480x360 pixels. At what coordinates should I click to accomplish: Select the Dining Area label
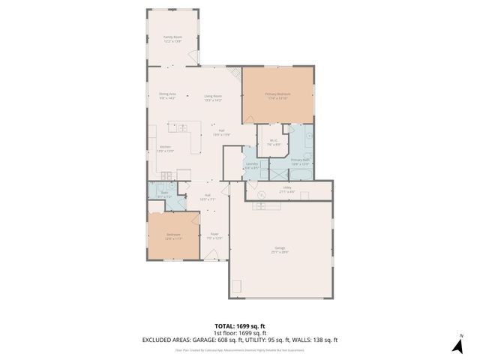167,95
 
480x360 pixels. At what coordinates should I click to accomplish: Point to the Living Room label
213,97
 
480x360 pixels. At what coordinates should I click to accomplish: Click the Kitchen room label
165,148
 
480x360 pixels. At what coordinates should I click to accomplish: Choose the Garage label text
279,250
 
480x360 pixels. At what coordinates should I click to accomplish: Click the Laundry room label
252,165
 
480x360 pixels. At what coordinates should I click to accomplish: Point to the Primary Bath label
300,161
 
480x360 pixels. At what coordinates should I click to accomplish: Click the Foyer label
214,235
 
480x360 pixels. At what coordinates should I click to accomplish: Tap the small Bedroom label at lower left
173,236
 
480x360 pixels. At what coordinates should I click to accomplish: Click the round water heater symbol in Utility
262,194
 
